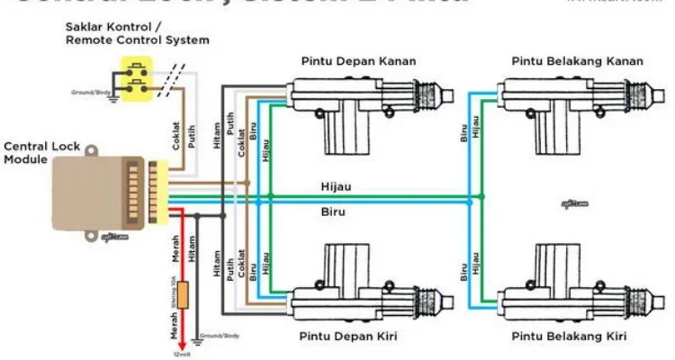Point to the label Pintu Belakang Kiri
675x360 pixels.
(x=568, y=337)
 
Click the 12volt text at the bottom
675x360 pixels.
(x=184, y=353)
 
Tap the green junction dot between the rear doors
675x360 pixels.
(x=481, y=196)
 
